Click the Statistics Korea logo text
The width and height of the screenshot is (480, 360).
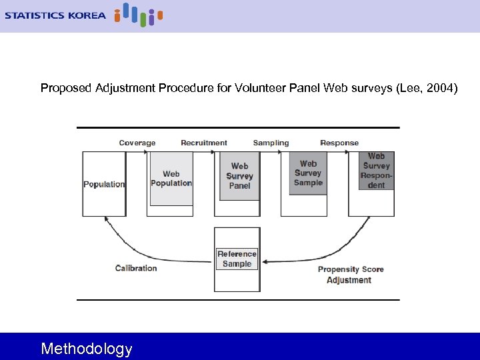55,15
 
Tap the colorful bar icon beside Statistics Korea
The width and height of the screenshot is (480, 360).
138,15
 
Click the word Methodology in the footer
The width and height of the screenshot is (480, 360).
87,349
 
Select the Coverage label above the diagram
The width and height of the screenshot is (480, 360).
137,143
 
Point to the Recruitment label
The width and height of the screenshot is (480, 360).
203,143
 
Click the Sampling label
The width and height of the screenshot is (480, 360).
271,143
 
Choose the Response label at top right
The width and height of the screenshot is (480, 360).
339,143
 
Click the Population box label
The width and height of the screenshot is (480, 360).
104,184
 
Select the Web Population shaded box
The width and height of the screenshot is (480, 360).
171,179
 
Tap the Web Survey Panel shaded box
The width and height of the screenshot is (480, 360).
239,176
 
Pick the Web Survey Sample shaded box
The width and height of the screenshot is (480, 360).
308,173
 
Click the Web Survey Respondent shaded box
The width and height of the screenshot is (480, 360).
376,171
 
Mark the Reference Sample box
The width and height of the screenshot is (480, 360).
237,259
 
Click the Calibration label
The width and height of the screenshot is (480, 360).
136,268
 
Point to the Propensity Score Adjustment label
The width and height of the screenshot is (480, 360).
350,275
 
